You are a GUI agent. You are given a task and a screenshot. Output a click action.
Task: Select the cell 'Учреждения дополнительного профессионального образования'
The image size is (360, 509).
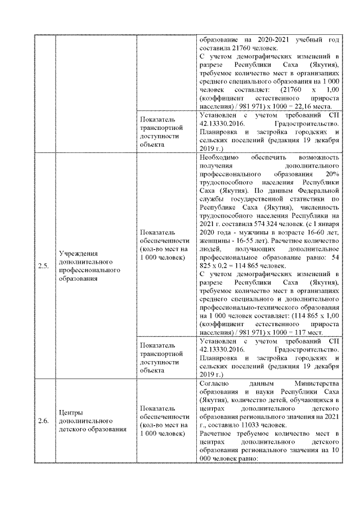(x=88, y=266)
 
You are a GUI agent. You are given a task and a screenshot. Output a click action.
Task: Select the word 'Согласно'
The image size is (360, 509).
(x=214, y=382)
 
